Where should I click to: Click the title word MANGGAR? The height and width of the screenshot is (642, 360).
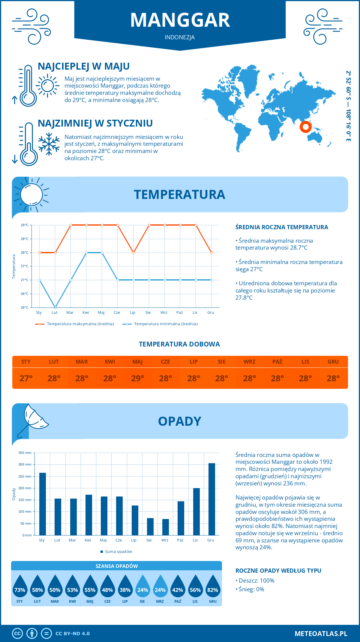coord(180,20)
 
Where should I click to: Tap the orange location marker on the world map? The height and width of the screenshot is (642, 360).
coord(305,127)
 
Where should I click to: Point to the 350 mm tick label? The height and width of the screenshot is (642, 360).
coord(25,453)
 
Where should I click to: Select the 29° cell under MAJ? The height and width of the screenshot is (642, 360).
coord(138,378)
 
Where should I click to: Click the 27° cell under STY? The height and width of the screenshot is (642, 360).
coord(26,378)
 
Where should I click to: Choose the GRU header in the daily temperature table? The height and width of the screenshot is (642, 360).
coord(333,362)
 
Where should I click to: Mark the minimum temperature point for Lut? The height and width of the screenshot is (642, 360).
coord(55,307)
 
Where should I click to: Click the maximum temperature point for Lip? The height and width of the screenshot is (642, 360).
coord(133,253)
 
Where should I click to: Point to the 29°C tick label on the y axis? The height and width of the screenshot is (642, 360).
coord(25,225)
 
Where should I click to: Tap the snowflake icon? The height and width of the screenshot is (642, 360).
coord(49,144)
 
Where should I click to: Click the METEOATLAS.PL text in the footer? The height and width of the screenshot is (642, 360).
coord(321,634)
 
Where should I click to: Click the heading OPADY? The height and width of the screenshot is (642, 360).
coord(179,421)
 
